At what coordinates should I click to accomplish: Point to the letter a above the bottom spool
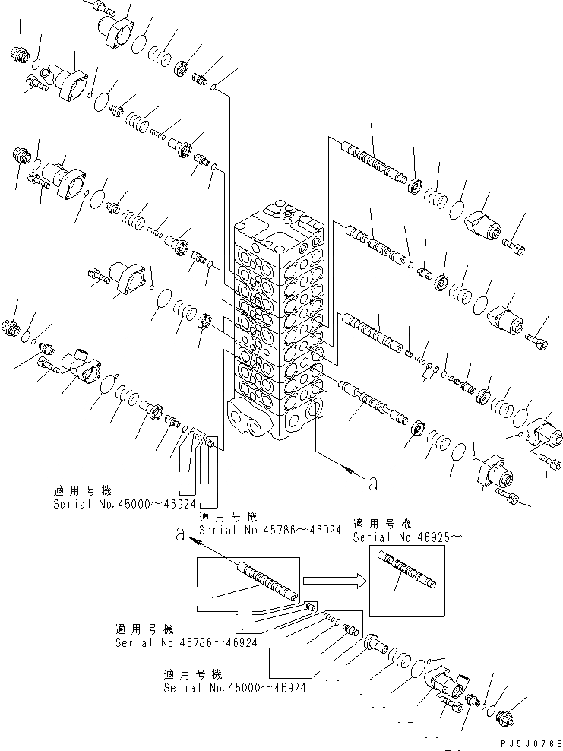click(x=179, y=535)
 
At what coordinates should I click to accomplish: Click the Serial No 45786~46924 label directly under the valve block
click(x=269, y=530)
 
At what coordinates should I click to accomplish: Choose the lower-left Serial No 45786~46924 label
click(x=186, y=642)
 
